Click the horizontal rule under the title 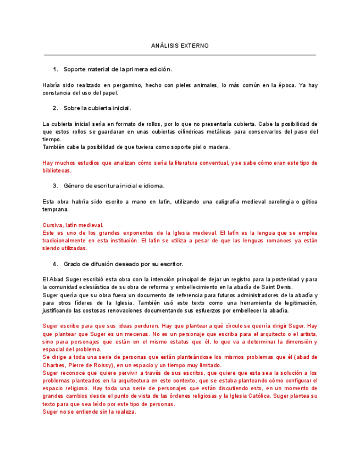point(180,55)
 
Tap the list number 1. point(55,69)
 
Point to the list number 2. point(55,108)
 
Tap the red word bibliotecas point(57,170)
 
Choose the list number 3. point(55,185)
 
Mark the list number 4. point(55,264)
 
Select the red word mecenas point(139,334)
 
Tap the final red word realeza point(122,412)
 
